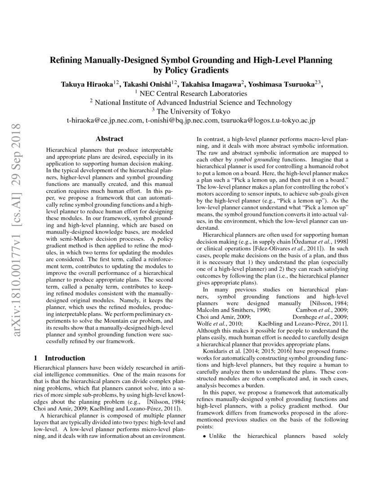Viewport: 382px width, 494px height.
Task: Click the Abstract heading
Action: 110,139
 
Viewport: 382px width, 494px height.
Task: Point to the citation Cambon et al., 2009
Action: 322,310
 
